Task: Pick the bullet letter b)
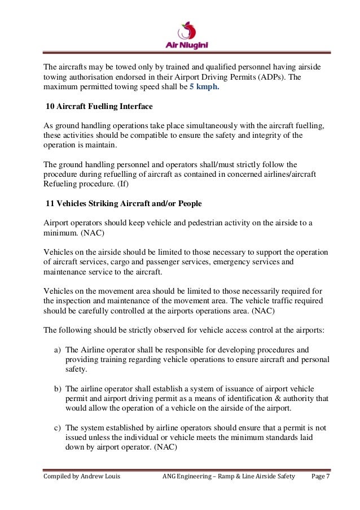click(58, 389)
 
